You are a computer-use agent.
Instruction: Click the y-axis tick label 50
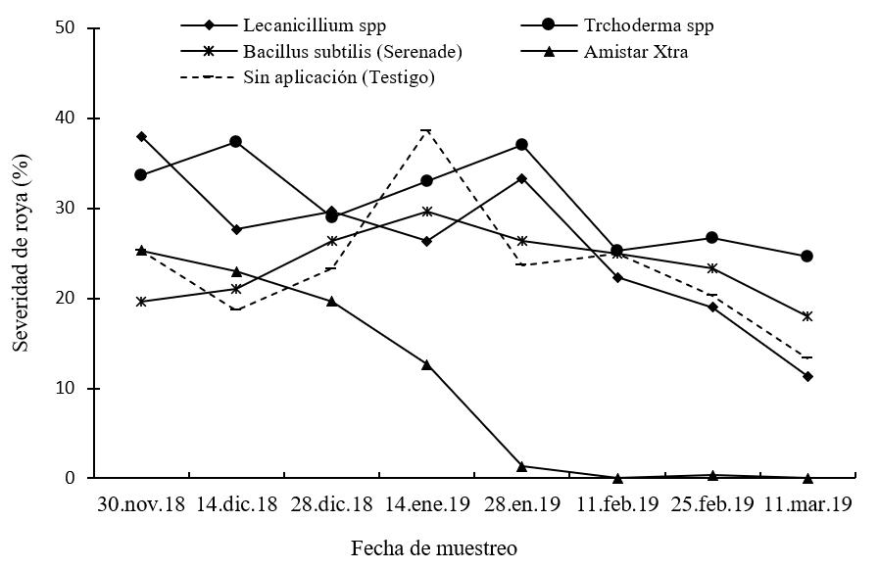[66, 28]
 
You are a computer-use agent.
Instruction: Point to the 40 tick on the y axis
[66, 119]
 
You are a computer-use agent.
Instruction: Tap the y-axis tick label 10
[66, 389]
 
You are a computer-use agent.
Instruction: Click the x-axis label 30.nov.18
[141, 505]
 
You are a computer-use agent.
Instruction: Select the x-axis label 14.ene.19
[427, 505]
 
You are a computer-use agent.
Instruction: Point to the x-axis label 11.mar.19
[807, 505]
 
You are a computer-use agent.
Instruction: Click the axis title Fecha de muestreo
[434, 547]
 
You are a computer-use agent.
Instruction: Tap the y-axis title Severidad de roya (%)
[21, 253]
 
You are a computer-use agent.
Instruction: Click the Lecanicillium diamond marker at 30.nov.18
[141, 136]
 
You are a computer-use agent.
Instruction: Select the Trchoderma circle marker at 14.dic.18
[236, 142]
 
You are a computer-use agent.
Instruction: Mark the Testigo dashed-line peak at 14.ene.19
[426, 129]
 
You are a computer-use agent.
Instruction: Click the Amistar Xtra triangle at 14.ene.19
[426, 364]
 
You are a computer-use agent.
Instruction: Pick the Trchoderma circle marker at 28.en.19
[521, 144]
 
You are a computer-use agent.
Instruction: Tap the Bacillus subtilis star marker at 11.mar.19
[807, 316]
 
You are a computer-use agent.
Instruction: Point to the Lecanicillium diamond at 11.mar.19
[807, 376]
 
